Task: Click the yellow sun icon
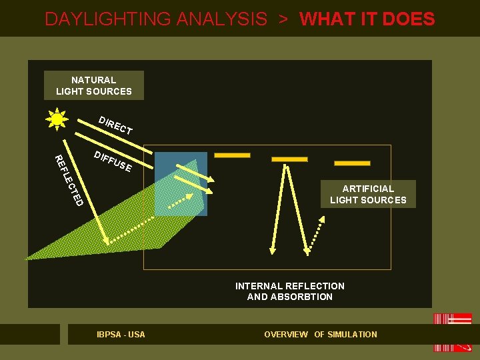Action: click(x=57, y=119)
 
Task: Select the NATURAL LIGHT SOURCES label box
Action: click(x=93, y=85)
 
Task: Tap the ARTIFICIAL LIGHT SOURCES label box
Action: click(x=368, y=194)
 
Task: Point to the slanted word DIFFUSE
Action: click(x=112, y=161)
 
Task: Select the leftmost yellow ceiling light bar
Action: click(x=232, y=155)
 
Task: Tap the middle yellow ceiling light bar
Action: click(x=289, y=159)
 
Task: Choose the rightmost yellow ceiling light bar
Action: click(x=352, y=163)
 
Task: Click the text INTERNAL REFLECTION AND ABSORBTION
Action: click(x=290, y=291)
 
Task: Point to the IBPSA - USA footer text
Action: click(x=121, y=334)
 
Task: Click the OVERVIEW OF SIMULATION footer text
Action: click(x=321, y=334)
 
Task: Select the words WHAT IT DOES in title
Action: click(x=367, y=19)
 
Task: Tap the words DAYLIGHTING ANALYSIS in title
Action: click(x=155, y=19)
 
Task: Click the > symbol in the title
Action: click(x=283, y=19)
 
